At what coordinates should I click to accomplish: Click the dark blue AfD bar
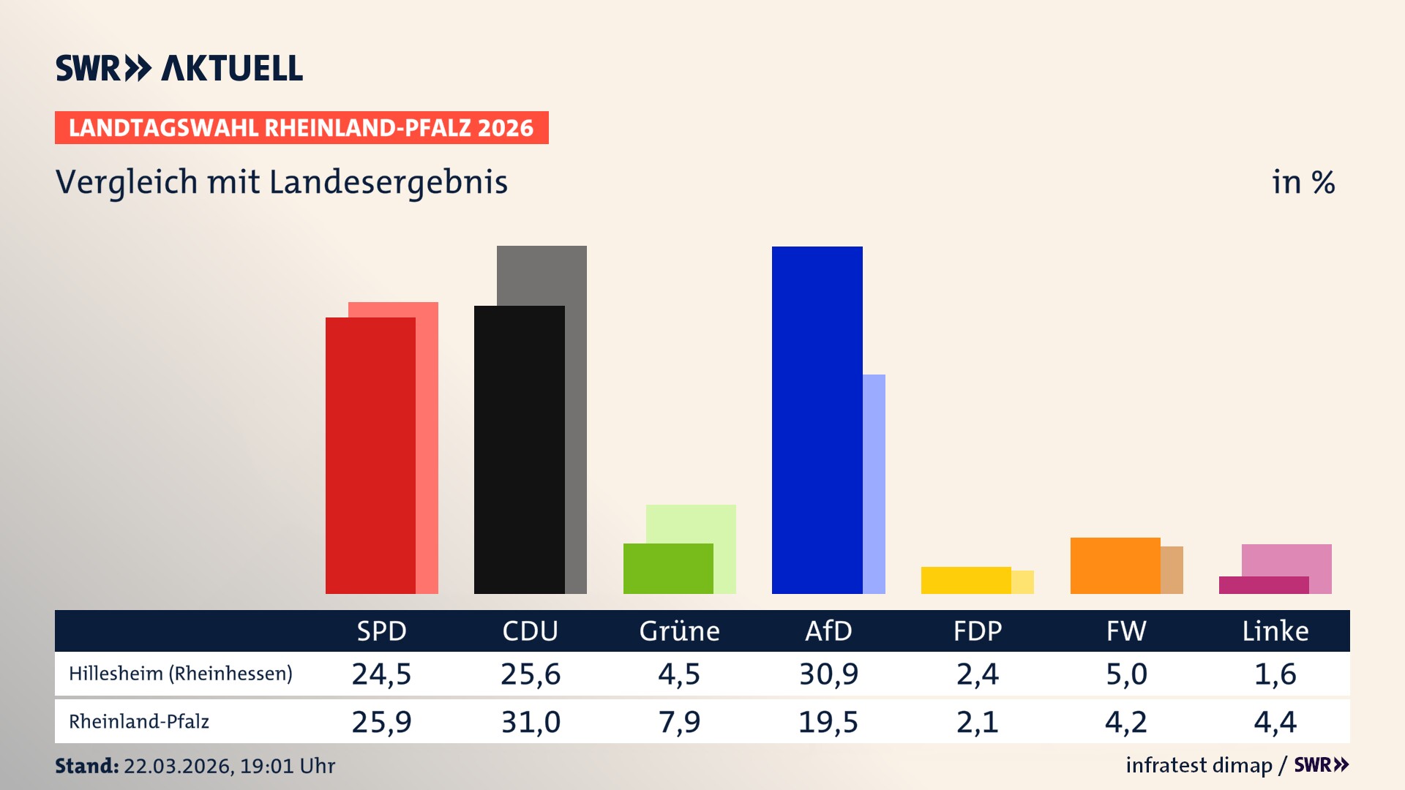pyautogui.click(x=817, y=420)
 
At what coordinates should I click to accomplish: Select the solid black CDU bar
pyautogui.click(x=519, y=449)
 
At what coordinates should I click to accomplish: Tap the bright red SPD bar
pyautogui.click(x=370, y=455)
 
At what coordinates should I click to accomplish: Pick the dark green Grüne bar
pyautogui.click(x=667, y=568)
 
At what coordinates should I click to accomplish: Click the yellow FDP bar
pyautogui.click(x=965, y=580)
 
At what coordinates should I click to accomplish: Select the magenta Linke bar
pyautogui.click(x=1263, y=585)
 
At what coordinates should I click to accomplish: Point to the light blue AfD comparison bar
pyautogui.click(x=874, y=483)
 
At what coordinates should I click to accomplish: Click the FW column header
pyautogui.click(x=1125, y=631)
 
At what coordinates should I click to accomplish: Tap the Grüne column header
pyautogui.click(x=679, y=631)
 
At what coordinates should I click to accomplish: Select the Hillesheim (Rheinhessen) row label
pyautogui.click(x=180, y=674)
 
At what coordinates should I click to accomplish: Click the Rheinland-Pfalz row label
pyautogui.click(x=139, y=722)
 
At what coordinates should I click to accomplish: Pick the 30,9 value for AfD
pyautogui.click(x=828, y=674)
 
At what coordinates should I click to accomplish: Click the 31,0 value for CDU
pyautogui.click(x=531, y=722)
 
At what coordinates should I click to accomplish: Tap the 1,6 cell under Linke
pyautogui.click(x=1275, y=674)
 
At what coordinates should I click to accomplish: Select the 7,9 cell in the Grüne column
pyautogui.click(x=679, y=722)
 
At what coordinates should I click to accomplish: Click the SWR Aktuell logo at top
pyautogui.click(x=179, y=68)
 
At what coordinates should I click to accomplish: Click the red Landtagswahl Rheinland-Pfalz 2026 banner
pyautogui.click(x=301, y=128)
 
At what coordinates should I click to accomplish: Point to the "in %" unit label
pyautogui.click(x=1303, y=182)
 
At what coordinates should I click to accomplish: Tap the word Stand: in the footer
pyautogui.click(x=86, y=766)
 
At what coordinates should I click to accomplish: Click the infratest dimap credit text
pyautogui.click(x=1199, y=765)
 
